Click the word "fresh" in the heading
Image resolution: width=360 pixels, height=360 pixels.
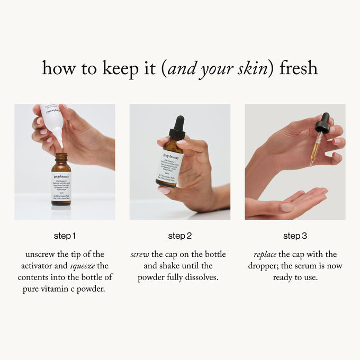(x=299, y=68)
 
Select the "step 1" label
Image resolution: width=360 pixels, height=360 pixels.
(x=65, y=236)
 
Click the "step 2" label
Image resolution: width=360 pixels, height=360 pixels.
(x=180, y=236)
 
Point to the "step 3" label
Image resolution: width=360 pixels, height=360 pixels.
(x=295, y=236)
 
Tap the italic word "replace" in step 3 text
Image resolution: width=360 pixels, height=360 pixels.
(x=265, y=255)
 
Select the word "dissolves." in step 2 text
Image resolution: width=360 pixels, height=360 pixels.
(x=202, y=277)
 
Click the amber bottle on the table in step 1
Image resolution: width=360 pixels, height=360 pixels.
(x=61, y=180)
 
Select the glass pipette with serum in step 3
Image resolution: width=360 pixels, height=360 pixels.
(x=316, y=148)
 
